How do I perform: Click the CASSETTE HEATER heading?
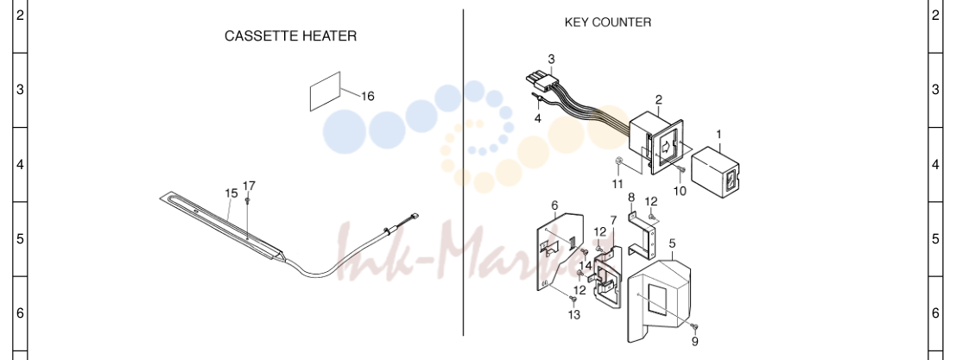[291, 36]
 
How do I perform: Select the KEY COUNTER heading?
[608, 22]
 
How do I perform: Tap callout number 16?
[368, 96]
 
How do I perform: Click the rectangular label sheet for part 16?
[326, 92]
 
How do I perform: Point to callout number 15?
[231, 193]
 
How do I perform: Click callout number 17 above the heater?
[249, 186]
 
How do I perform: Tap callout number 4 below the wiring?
[538, 119]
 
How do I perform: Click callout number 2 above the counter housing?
[658, 99]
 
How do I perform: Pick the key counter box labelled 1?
[717, 172]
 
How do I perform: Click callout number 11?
[617, 184]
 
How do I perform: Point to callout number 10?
[680, 191]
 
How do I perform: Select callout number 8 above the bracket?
[631, 198]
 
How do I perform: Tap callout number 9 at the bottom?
[695, 342]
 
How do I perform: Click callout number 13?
[574, 315]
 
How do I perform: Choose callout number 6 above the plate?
[554, 205]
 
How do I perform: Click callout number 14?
[586, 266]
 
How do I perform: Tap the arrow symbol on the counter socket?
[666, 146]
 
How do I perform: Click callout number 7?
[613, 220]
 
